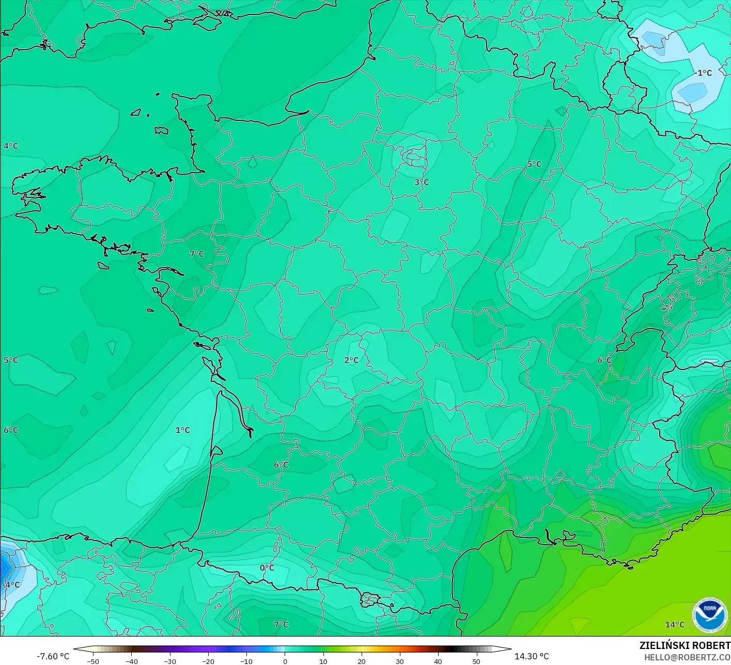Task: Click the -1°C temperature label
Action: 704,73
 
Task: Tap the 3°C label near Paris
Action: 422,182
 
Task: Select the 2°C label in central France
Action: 351,360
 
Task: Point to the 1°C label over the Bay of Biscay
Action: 182,430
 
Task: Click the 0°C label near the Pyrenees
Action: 267,568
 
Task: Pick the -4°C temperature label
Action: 11,585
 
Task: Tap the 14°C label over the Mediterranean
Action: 675,625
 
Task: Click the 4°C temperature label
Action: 11,146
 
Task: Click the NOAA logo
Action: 709,615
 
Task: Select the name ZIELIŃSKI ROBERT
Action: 685,645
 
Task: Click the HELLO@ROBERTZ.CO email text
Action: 687,657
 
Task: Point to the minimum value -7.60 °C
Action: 53,656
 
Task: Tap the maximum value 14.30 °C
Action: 532,656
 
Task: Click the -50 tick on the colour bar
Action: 93,661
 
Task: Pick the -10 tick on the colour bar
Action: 246,661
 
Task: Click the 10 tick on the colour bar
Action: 323,661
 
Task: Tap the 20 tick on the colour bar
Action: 361,661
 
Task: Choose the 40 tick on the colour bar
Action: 438,661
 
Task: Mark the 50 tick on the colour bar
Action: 476,661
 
